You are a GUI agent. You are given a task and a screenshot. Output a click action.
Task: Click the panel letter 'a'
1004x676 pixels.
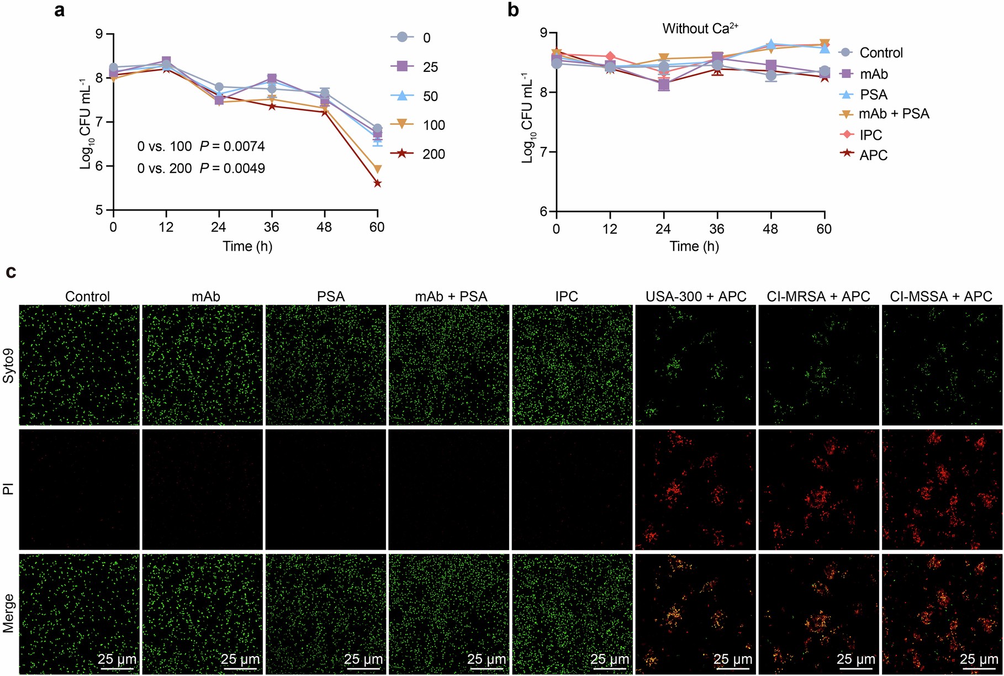[59, 10]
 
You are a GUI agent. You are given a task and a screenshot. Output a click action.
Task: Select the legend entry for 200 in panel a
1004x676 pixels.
[418, 154]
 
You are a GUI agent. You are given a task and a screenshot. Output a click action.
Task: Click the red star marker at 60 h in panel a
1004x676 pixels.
[377, 183]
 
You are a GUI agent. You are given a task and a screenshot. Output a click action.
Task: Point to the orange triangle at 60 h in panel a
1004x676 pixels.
[377, 170]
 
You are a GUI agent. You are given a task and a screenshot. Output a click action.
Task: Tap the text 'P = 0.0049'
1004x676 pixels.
[232, 168]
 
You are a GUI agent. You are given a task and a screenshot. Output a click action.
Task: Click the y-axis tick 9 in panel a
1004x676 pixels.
[99, 34]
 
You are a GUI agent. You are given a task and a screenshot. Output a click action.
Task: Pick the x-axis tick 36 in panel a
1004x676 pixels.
[271, 227]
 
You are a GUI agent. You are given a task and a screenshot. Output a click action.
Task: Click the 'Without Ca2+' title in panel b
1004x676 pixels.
[700, 28]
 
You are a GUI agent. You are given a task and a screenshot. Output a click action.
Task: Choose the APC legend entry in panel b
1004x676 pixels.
[873, 155]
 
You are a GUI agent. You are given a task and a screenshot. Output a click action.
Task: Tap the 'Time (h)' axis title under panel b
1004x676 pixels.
[694, 246]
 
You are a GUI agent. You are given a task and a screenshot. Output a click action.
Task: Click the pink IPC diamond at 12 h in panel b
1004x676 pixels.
[610, 56]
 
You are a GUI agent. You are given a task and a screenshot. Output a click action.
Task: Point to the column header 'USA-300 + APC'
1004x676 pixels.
[696, 297]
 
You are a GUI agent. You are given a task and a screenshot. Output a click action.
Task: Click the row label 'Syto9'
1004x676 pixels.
[9, 365]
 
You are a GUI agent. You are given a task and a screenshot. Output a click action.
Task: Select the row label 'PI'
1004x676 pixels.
[9, 489]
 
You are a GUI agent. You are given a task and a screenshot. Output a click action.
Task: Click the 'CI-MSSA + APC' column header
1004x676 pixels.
[941, 297]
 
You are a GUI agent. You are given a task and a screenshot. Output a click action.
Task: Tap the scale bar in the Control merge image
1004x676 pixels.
[117, 669]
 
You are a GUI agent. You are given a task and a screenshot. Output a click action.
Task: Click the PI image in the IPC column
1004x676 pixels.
[572, 489]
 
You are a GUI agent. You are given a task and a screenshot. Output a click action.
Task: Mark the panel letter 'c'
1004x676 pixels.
[10, 272]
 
